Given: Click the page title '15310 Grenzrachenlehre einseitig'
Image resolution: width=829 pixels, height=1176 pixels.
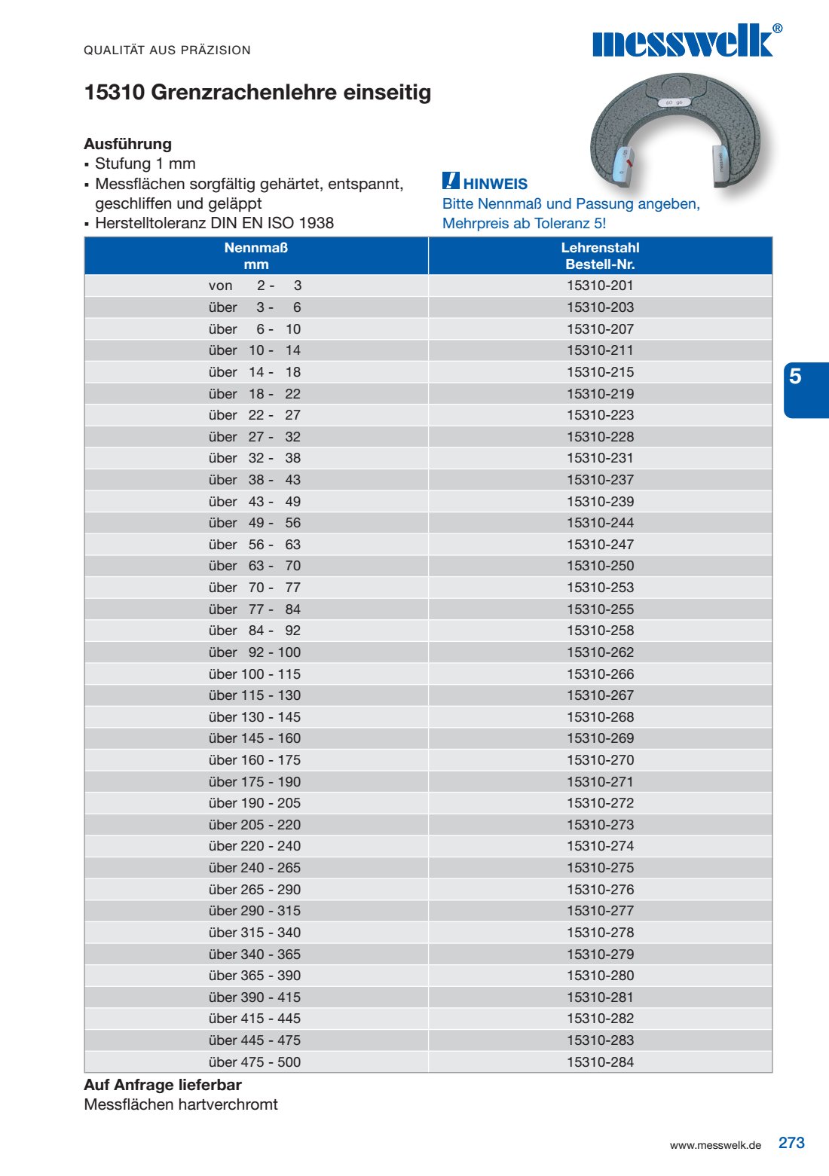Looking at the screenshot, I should pos(258,93).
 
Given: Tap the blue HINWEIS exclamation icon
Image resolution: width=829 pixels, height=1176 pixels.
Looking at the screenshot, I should pos(451,181).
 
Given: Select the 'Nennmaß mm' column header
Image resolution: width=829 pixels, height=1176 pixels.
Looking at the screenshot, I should pos(256,256).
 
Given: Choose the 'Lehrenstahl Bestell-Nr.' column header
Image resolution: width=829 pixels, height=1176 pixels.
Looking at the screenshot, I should pos(600,256).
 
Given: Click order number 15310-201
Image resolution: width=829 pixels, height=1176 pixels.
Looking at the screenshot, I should pos(600,286).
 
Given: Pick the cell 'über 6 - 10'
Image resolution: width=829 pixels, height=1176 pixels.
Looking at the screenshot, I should pos(255,329).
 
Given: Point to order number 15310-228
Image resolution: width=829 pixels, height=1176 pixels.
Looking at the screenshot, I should pos(600,437).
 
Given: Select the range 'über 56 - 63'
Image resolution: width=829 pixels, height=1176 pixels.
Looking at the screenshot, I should pos(255,545).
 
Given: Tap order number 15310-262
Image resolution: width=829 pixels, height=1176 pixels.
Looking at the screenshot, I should pos(600,652).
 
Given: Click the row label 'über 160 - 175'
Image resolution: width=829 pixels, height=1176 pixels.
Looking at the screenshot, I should pos(255,760).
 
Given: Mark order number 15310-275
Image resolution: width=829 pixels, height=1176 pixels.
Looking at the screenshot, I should pos(600,868).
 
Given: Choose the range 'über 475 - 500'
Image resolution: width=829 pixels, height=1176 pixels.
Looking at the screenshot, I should pos(255,1062).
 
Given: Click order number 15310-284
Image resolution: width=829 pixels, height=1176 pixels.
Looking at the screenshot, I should pos(600,1062).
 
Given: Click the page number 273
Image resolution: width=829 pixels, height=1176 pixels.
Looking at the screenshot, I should pos(791,1143).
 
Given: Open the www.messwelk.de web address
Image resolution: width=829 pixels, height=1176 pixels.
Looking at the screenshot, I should pos(715,1145).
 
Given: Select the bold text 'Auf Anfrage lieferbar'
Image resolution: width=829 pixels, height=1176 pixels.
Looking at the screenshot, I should pos(163,1085).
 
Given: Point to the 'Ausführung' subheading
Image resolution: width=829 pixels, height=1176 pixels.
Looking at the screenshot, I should pos(128,144).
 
